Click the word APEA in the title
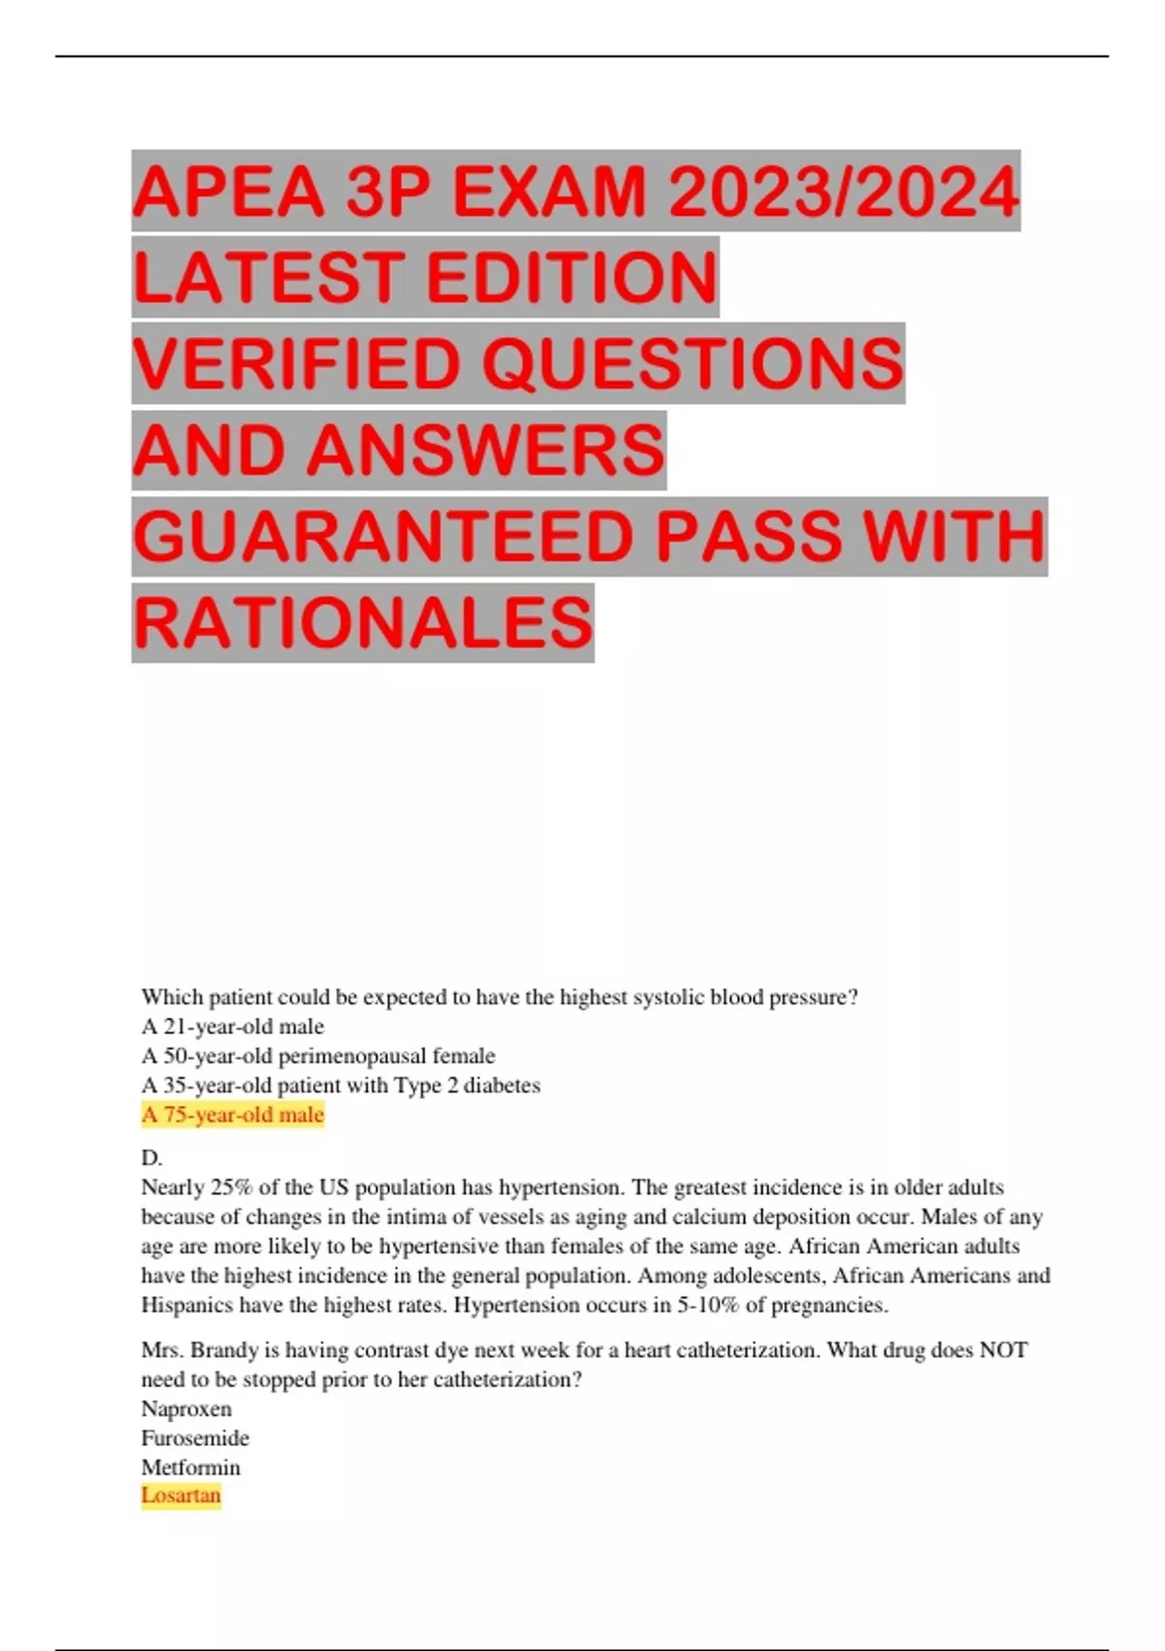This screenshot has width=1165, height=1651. coord(227,191)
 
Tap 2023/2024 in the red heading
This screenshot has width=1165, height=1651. coord(844,191)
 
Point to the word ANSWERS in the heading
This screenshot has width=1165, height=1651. coord(485,451)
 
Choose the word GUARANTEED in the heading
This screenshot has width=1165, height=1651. coord(383,537)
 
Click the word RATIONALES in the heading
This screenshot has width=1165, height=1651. coord(362,623)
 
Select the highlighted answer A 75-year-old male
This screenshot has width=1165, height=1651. coord(232,1115)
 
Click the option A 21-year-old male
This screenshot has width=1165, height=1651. coord(232,1027)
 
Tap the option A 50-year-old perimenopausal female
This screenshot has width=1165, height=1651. coord(317,1056)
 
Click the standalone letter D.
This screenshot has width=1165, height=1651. coord(151,1158)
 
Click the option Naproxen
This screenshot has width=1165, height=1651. coord(186,1408)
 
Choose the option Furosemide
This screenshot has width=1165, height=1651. coord(195,1437)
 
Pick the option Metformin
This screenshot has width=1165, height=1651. coord(190,1466)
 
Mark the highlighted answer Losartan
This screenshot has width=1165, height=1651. coord(181,1496)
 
